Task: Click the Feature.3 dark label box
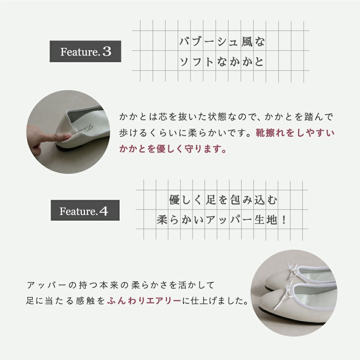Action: (85, 51)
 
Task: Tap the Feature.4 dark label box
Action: (85, 210)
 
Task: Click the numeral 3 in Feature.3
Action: (107, 51)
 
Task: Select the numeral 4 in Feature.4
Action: (104, 211)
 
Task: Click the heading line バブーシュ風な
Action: (222, 42)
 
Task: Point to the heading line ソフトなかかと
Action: (221, 62)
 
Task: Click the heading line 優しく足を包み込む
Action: (223, 200)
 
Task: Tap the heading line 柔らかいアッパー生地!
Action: (221, 220)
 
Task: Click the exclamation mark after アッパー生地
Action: (284, 220)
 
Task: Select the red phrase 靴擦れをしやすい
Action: (295, 133)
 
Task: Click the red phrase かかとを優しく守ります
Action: (173, 149)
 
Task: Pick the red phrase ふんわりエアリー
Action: (144, 301)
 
